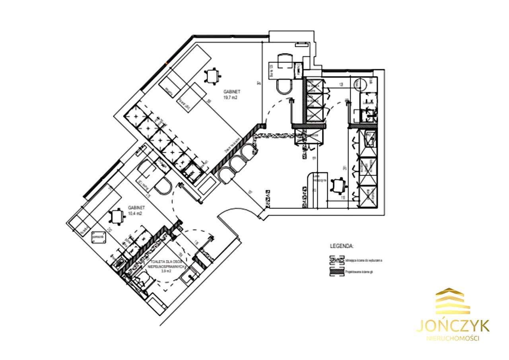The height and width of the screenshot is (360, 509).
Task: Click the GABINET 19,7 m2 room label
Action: (230, 94)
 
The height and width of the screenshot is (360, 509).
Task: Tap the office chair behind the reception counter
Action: (338, 185)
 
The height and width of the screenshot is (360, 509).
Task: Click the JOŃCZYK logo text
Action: (453, 325)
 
